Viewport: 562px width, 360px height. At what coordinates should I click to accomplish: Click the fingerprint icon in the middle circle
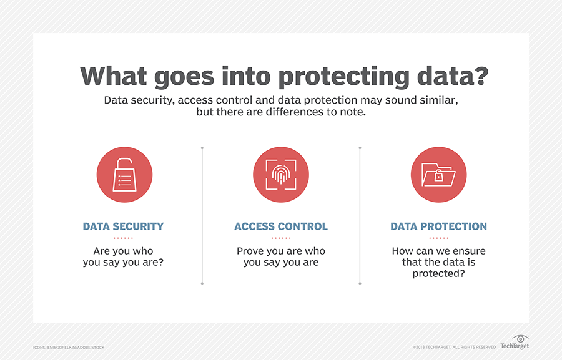point(280,175)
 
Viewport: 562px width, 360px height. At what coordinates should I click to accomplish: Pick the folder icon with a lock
point(438,175)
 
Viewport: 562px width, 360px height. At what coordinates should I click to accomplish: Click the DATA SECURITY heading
point(123,226)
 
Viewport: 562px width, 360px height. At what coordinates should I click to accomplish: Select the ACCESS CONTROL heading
point(281,226)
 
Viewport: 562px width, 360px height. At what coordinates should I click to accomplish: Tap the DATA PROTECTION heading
point(438,226)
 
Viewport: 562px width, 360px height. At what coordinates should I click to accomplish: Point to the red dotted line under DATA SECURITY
point(123,238)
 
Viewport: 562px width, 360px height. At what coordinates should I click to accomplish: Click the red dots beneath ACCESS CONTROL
point(281,238)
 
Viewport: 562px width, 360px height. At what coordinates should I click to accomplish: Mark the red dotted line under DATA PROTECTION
point(438,238)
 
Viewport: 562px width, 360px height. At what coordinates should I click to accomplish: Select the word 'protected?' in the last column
point(438,273)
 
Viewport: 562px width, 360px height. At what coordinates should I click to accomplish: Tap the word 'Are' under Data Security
point(101,251)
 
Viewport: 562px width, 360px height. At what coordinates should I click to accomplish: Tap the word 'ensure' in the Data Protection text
point(470,251)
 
